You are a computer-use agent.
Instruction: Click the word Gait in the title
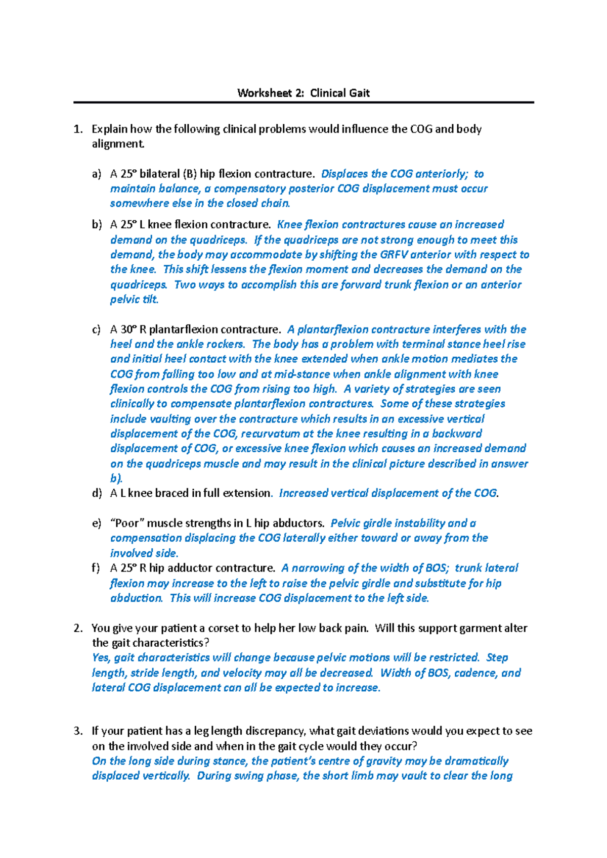point(359,93)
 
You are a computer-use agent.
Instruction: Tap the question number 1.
point(77,129)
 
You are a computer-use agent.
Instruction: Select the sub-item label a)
point(97,174)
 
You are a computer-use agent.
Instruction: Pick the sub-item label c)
point(97,330)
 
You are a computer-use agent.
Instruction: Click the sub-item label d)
point(97,493)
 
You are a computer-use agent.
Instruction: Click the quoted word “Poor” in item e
point(127,523)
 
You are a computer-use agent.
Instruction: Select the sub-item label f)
point(96,568)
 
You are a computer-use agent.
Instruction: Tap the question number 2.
point(77,628)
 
